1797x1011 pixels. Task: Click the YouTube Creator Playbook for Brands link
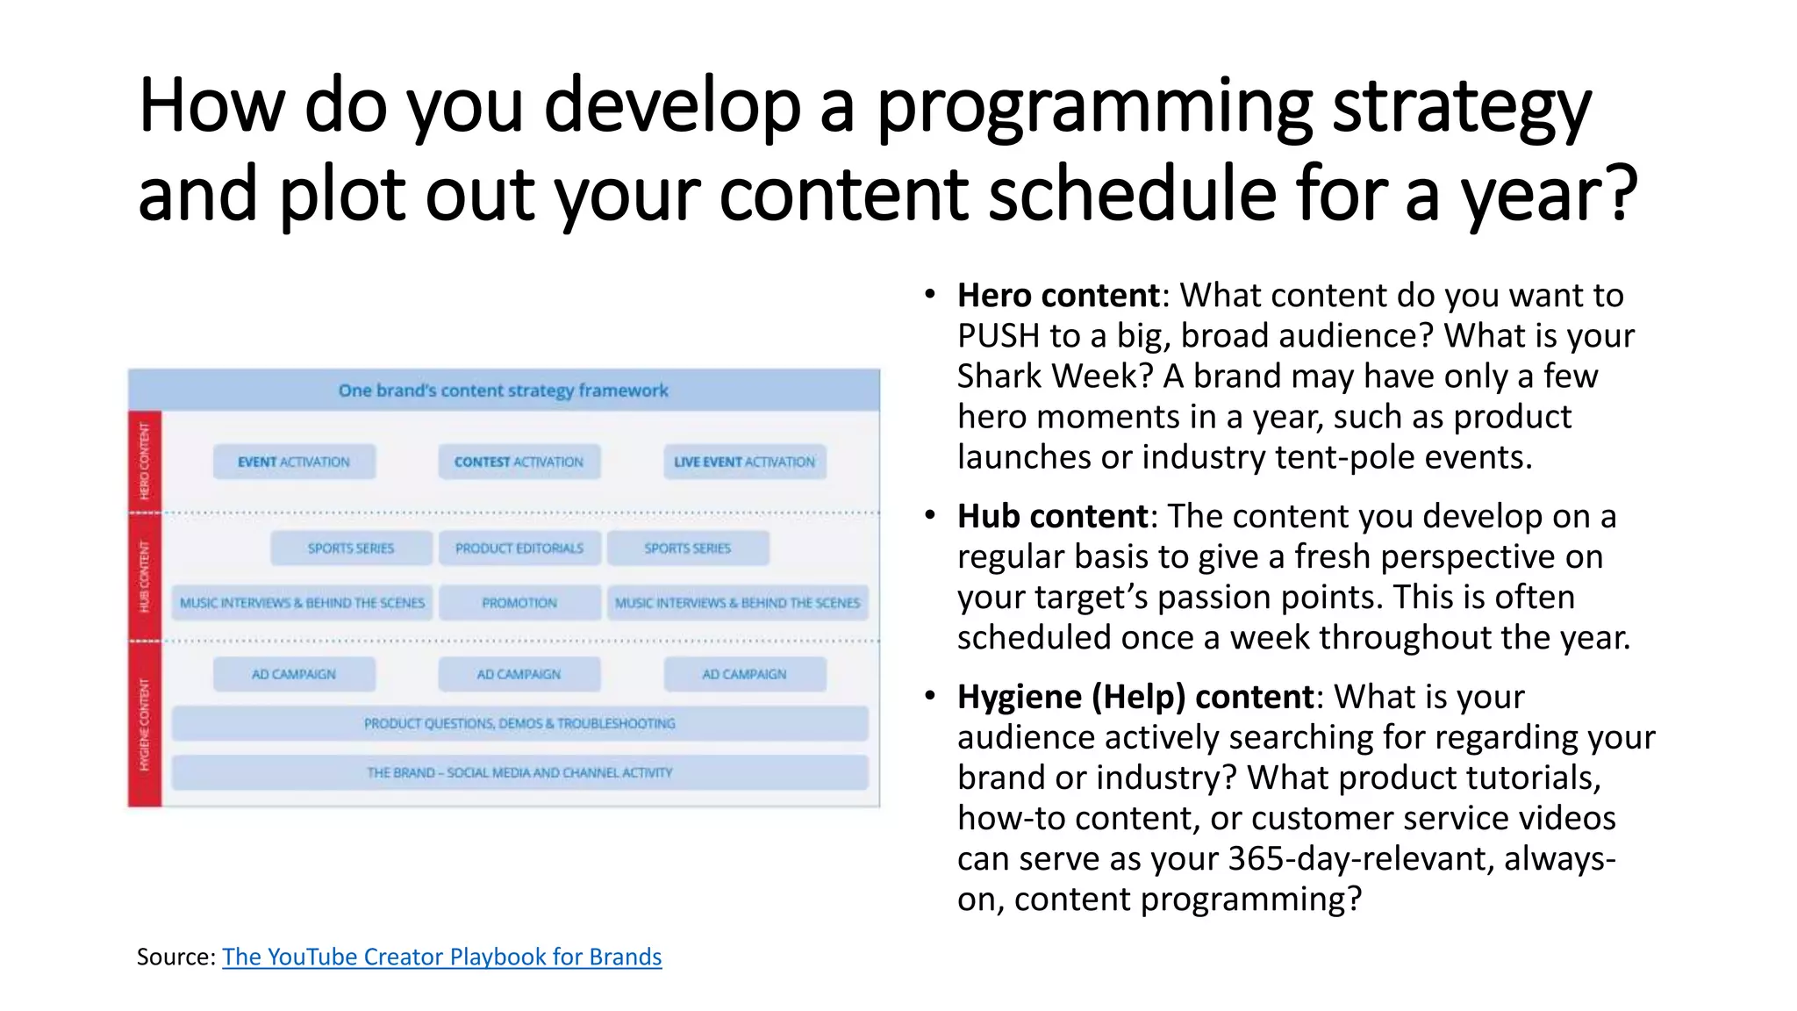pyautogui.click(x=441, y=957)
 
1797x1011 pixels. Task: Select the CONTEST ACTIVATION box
pyautogui.click(x=519, y=462)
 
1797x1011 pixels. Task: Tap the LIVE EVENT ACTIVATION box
pyautogui.click(x=744, y=462)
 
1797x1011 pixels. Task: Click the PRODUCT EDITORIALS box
pyautogui.click(x=519, y=549)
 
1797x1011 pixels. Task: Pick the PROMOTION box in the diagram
pyautogui.click(x=519, y=603)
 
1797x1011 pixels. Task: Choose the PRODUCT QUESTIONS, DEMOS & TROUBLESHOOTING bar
pyautogui.click(x=519, y=724)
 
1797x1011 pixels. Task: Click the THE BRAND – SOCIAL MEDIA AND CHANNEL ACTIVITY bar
pyautogui.click(x=519, y=773)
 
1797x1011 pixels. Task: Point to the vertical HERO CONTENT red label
pyautogui.click(x=145, y=461)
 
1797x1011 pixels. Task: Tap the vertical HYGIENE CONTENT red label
pyautogui.click(x=145, y=724)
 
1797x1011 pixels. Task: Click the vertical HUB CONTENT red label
pyautogui.click(x=145, y=577)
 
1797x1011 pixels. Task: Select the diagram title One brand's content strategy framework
pyautogui.click(x=503, y=391)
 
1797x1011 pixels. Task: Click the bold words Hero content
pyautogui.click(x=1058, y=296)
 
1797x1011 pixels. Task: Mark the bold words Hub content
pyautogui.click(x=1052, y=516)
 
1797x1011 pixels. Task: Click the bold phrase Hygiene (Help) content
pyautogui.click(x=1135, y=697)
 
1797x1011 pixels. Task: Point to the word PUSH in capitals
pyautogui.click(x=998, y=336)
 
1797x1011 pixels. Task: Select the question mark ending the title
pyautogui.click(x=1620, y=195)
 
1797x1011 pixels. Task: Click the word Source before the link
pyautogui.click(x=173, y=957)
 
